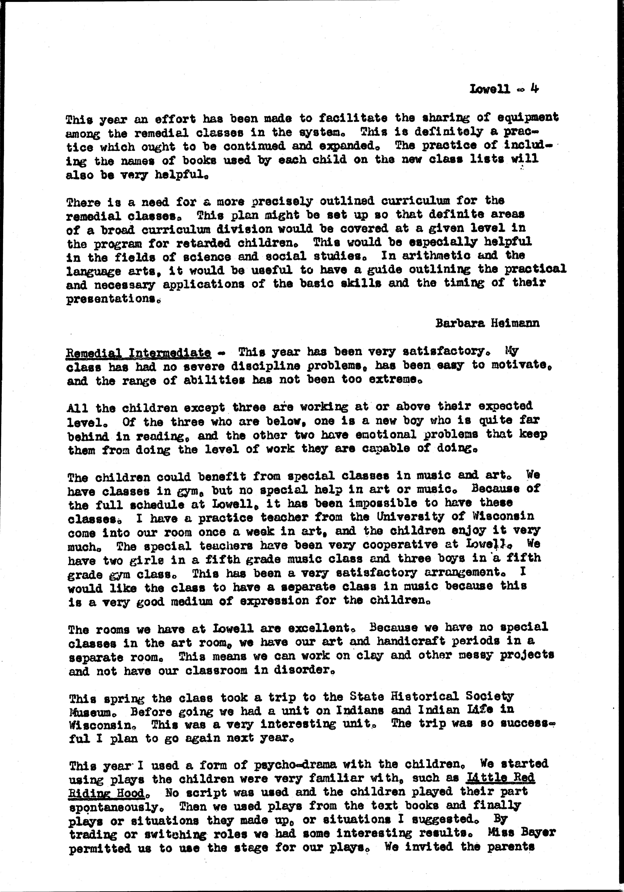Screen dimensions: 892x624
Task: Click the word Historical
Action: coord(419,696)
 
